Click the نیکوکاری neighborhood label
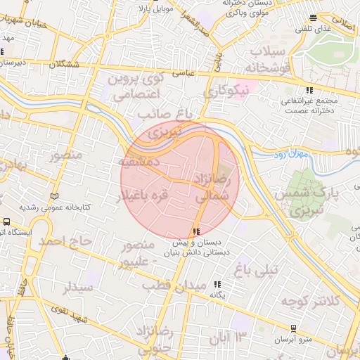227,91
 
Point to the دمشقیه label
141,162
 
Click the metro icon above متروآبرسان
293,328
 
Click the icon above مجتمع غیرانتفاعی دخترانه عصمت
310,90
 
